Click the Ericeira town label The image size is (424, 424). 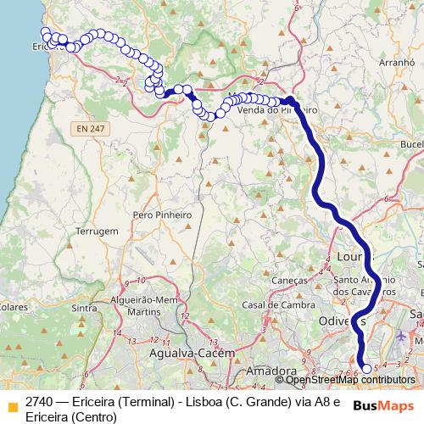pos(49,47)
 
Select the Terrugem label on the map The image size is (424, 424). pos(96,231)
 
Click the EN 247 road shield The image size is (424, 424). pos(87,127)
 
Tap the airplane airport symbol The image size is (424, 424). pos(400,337)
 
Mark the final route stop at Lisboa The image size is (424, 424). pos(366,368)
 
